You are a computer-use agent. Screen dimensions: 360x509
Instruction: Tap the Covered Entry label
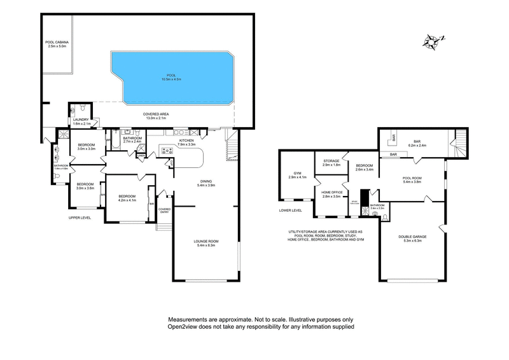[164, 210]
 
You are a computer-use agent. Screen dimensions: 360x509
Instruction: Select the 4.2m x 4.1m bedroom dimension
[127, 200]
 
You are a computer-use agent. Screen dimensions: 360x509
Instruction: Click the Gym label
[296, 172]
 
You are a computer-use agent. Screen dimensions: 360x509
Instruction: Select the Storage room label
[331, 161]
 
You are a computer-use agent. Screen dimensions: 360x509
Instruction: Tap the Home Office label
[332, 193]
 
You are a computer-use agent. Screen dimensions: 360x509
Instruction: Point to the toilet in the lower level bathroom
[385, 217]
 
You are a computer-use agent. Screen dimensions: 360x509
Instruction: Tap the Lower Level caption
[290, 209]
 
